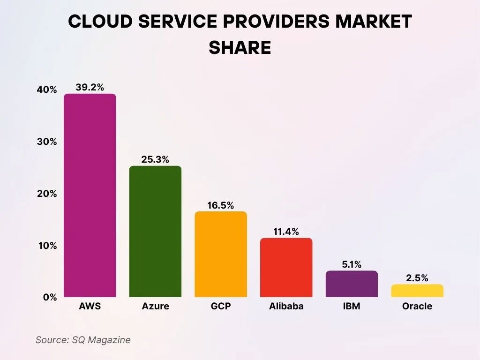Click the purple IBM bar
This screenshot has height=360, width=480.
tap(352, 284)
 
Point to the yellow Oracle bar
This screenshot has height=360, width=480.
tap(417, 291)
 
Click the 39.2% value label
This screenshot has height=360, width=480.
tap(90, 87)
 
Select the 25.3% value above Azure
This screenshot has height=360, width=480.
tap(155, 159)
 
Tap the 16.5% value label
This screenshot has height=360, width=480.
tap(221, 205)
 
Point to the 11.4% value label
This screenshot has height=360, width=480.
tap(286, 232)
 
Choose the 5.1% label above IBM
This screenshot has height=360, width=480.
tap(352, 264)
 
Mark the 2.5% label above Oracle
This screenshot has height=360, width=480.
tap(417, 278)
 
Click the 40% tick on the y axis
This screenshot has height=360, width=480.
tap(47, 90)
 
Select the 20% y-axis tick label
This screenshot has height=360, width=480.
tap(47, 194)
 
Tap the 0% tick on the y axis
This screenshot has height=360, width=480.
tap(50, 297)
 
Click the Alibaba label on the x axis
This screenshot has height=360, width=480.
tap(286, 307)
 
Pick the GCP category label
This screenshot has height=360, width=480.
tap(221, 307)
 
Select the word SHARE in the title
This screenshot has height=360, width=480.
tap(240, 47)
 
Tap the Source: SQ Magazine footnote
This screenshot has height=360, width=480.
tap(83, 340)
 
